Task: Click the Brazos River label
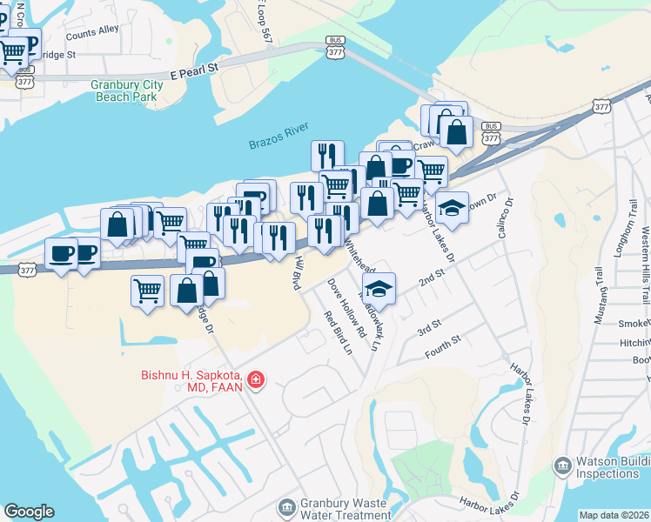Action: pos(279,140)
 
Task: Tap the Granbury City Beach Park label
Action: pos(124,90)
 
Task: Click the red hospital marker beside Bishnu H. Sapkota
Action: pos(256,379)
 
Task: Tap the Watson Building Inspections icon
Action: pos(561,466)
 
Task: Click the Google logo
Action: pos(29,512)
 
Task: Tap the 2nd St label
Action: pos(431,278)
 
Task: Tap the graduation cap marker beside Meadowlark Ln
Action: pos(379,289)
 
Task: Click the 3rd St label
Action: pos(429,329)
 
